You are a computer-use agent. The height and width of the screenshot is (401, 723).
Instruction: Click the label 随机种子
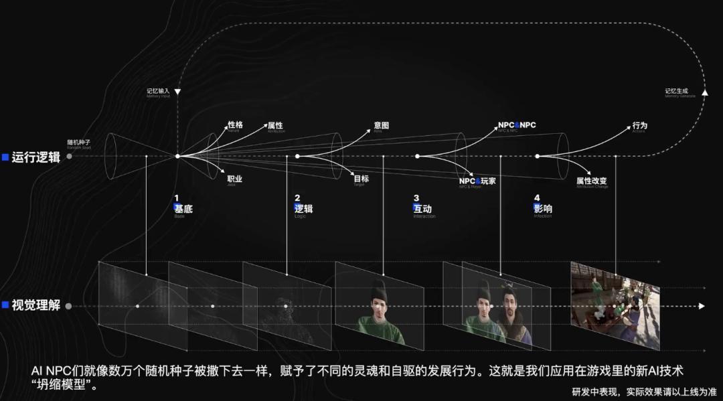[79, 142]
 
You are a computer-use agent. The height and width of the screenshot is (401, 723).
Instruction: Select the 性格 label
[235, 125]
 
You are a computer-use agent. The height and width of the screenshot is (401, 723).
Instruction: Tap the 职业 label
[235, 179]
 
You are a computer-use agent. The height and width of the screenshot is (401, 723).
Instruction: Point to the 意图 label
[382, 125]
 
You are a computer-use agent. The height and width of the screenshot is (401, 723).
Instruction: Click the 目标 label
[361, 179]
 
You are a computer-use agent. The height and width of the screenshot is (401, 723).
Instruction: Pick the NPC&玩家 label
[477, 181]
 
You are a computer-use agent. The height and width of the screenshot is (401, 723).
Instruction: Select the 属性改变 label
[592, 181]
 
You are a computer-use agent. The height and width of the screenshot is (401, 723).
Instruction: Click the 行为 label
[639, 125]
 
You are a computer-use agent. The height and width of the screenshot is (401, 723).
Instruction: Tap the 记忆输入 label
[159, 90]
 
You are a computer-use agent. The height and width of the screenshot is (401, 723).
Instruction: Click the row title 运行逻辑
[35, 157]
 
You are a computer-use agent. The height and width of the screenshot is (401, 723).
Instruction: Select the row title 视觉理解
[35, 305]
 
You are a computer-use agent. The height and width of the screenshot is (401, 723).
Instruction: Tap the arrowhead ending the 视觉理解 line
[702, 306]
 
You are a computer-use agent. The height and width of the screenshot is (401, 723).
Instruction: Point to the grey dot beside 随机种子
[70, 157]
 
